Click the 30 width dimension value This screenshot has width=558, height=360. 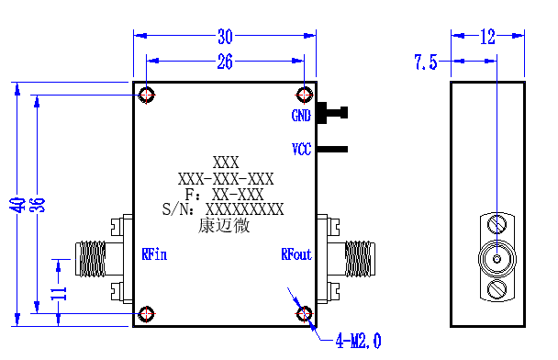(225, 37)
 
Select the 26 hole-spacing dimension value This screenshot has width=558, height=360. (225, 62)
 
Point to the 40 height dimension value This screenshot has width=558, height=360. (17, 205)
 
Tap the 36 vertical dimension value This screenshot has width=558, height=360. (38, 205)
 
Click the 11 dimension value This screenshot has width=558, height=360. (59, 293)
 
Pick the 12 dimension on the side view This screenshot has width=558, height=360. (487, 37)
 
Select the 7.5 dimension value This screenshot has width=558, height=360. (426, 62)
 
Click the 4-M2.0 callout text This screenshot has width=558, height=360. (358, 341)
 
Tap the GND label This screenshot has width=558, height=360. (301, 116)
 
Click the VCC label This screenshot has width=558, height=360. (301, 149)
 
